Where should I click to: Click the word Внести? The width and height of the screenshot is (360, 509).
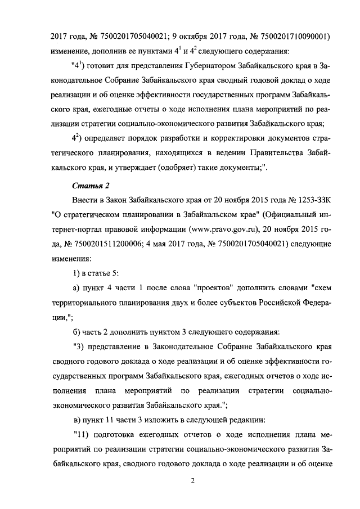pos(86,201)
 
